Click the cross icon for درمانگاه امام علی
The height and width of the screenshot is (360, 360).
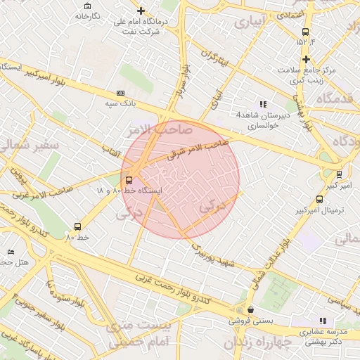[x=141, y=11]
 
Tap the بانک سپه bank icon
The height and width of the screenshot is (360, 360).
[x=120, y=93]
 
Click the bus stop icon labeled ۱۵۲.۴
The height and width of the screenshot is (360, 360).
[x=305, y=32]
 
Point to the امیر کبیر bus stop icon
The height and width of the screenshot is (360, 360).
[x=340, y=174]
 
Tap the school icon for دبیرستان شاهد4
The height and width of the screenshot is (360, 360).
[x=264, y=104]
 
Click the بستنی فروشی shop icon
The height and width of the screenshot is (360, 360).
[x=250, y=309]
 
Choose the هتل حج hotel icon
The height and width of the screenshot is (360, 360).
[x=10, y=252]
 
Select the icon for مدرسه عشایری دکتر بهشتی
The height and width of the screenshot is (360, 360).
[x=323, y=320]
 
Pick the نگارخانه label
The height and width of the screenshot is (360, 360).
[x=86, y=15]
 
